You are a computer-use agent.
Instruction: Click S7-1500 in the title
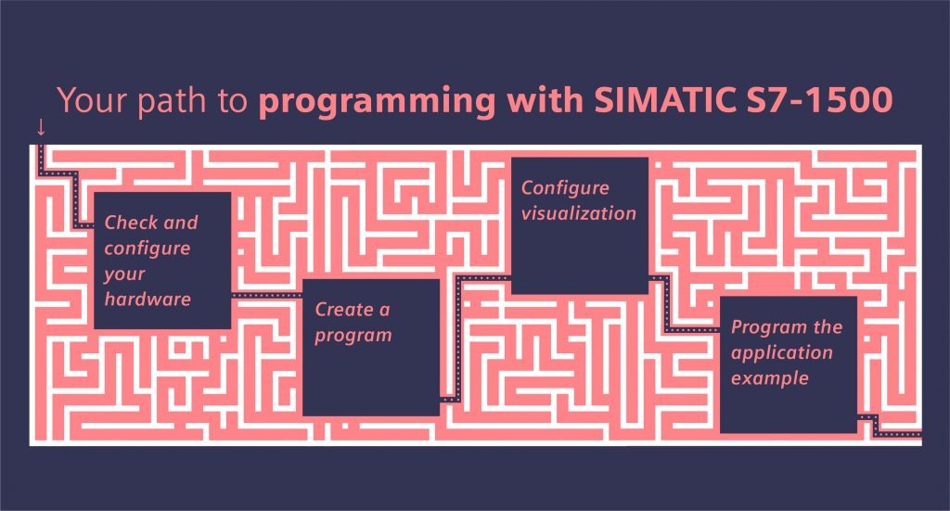click(x=822, y=101)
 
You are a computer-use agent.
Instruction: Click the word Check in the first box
click(x=129, y=224)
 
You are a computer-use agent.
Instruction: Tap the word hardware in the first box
click(x=148, y=300)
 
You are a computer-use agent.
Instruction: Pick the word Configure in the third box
click(x=565, y=186)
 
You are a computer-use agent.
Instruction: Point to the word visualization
click(x=578, y=213)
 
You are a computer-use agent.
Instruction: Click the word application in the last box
click(x=781, y=353)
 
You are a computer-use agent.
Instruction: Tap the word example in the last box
click(x=769, y=379)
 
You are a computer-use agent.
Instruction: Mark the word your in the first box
click(x=123, y=275)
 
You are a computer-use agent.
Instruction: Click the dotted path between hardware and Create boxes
click(x=266, y=296)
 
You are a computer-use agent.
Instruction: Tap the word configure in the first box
click(x=148, y=249)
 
